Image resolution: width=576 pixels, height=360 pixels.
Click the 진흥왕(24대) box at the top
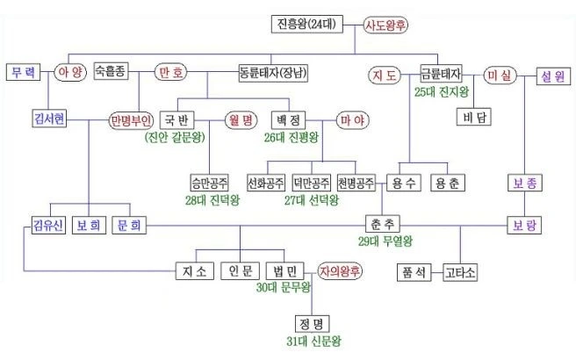[x=306, y=25]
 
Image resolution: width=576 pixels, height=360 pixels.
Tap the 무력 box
[x=23, y=73]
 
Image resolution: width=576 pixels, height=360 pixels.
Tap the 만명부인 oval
[x=132, y=119]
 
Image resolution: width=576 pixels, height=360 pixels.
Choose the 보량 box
[x=525, y=224]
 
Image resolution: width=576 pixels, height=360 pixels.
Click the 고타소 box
[x=459, y=271]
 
